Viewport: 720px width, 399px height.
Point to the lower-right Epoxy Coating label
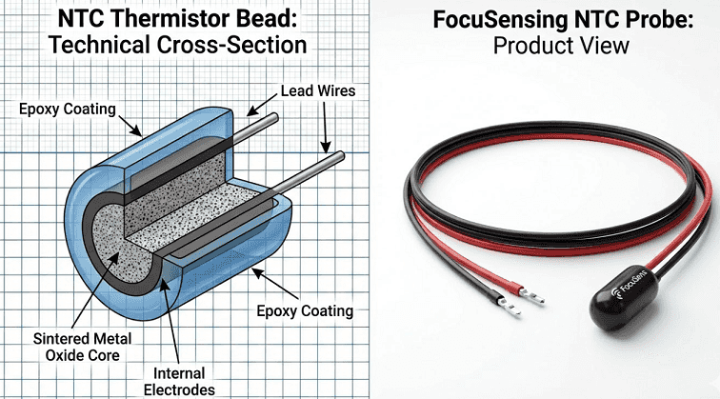(x=305, y=311)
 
